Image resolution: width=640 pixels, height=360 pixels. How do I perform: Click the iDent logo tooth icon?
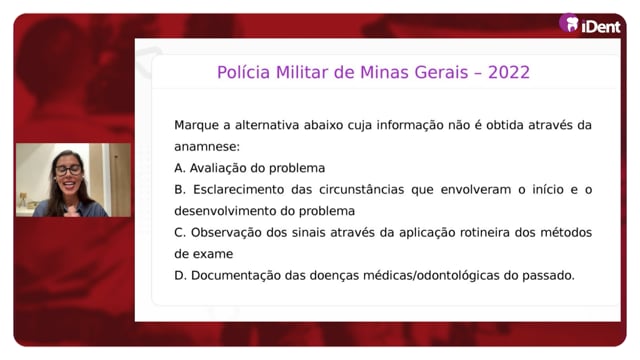569,23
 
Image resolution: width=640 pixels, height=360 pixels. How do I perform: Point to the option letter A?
179,168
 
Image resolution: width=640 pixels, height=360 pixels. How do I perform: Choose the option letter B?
180,190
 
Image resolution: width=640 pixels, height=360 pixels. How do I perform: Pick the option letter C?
180,233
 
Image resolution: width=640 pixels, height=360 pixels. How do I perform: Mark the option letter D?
180,276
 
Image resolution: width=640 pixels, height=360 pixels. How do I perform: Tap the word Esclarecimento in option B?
238,190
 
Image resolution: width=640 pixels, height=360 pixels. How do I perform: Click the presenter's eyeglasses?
68,170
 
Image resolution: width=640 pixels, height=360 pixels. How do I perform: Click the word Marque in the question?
196,126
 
